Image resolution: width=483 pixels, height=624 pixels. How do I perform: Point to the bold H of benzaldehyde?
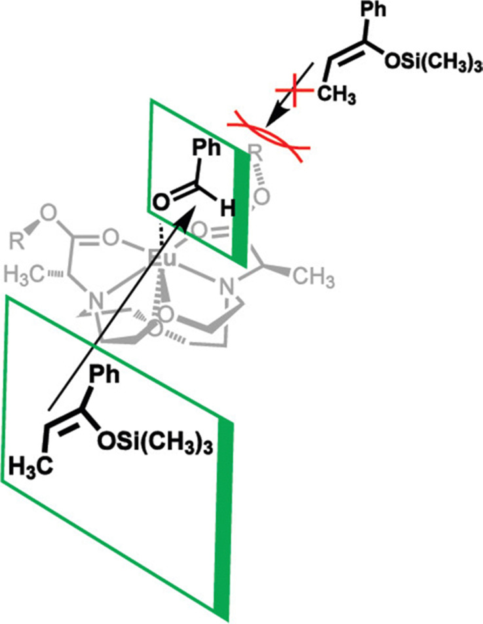pos(226,208)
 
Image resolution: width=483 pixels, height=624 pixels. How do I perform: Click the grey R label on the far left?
pos(20,248)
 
